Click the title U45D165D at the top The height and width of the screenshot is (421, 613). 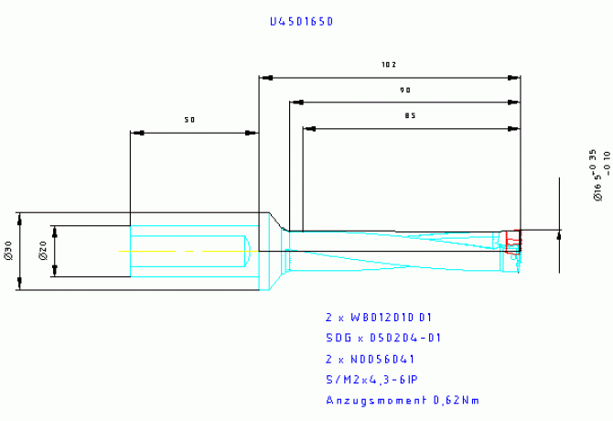click(x=301, y=19)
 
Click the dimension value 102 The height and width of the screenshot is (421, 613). click(x=390, y=65)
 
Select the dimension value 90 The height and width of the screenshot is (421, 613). click(x=403, y=91)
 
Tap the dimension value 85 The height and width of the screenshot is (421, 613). click(x=411, y=116)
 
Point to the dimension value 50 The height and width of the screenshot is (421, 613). click(x=190, y=120)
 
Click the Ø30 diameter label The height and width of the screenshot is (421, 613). click(x=8, y=252)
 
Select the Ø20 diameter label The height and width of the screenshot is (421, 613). click(x=42, y=252)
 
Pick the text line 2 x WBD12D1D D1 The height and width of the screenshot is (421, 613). click(x=378, y=318)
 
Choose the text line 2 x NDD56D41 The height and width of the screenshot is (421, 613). click(x=371, y=358)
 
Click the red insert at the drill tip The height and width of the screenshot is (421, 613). click(x=513, y=240)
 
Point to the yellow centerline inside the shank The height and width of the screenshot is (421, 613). click(x=183, y=251)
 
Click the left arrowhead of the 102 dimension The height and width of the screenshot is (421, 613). click(x=264, y=77)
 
